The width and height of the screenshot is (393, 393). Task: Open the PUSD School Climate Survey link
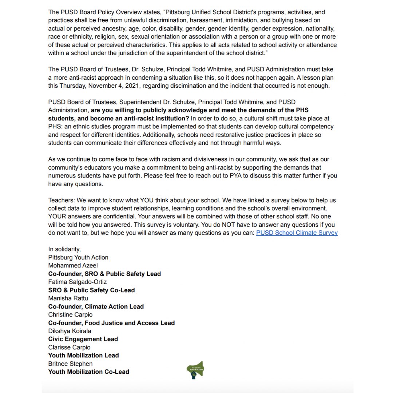(297, 233)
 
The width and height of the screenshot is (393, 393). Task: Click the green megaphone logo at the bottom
(195, 369)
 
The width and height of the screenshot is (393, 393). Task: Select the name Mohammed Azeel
(73, 265)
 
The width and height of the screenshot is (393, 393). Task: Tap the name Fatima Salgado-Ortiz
(78, 282)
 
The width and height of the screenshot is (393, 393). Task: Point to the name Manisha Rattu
(68, 298)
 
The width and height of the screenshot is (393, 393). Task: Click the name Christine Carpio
(70, 314)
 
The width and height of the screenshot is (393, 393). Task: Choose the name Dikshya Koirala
(70, 331)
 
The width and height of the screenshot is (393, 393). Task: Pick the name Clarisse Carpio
(69, 347)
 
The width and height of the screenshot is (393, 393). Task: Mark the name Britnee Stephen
(70, 364)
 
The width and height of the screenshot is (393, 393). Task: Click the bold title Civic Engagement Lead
(83, 339)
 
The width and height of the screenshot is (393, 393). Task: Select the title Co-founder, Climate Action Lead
(96, 306)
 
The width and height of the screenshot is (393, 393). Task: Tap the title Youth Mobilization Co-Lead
(88, 372)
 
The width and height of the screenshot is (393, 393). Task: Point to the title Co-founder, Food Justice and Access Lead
(111, 323)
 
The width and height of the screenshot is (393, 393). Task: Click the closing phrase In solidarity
(64, 249)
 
